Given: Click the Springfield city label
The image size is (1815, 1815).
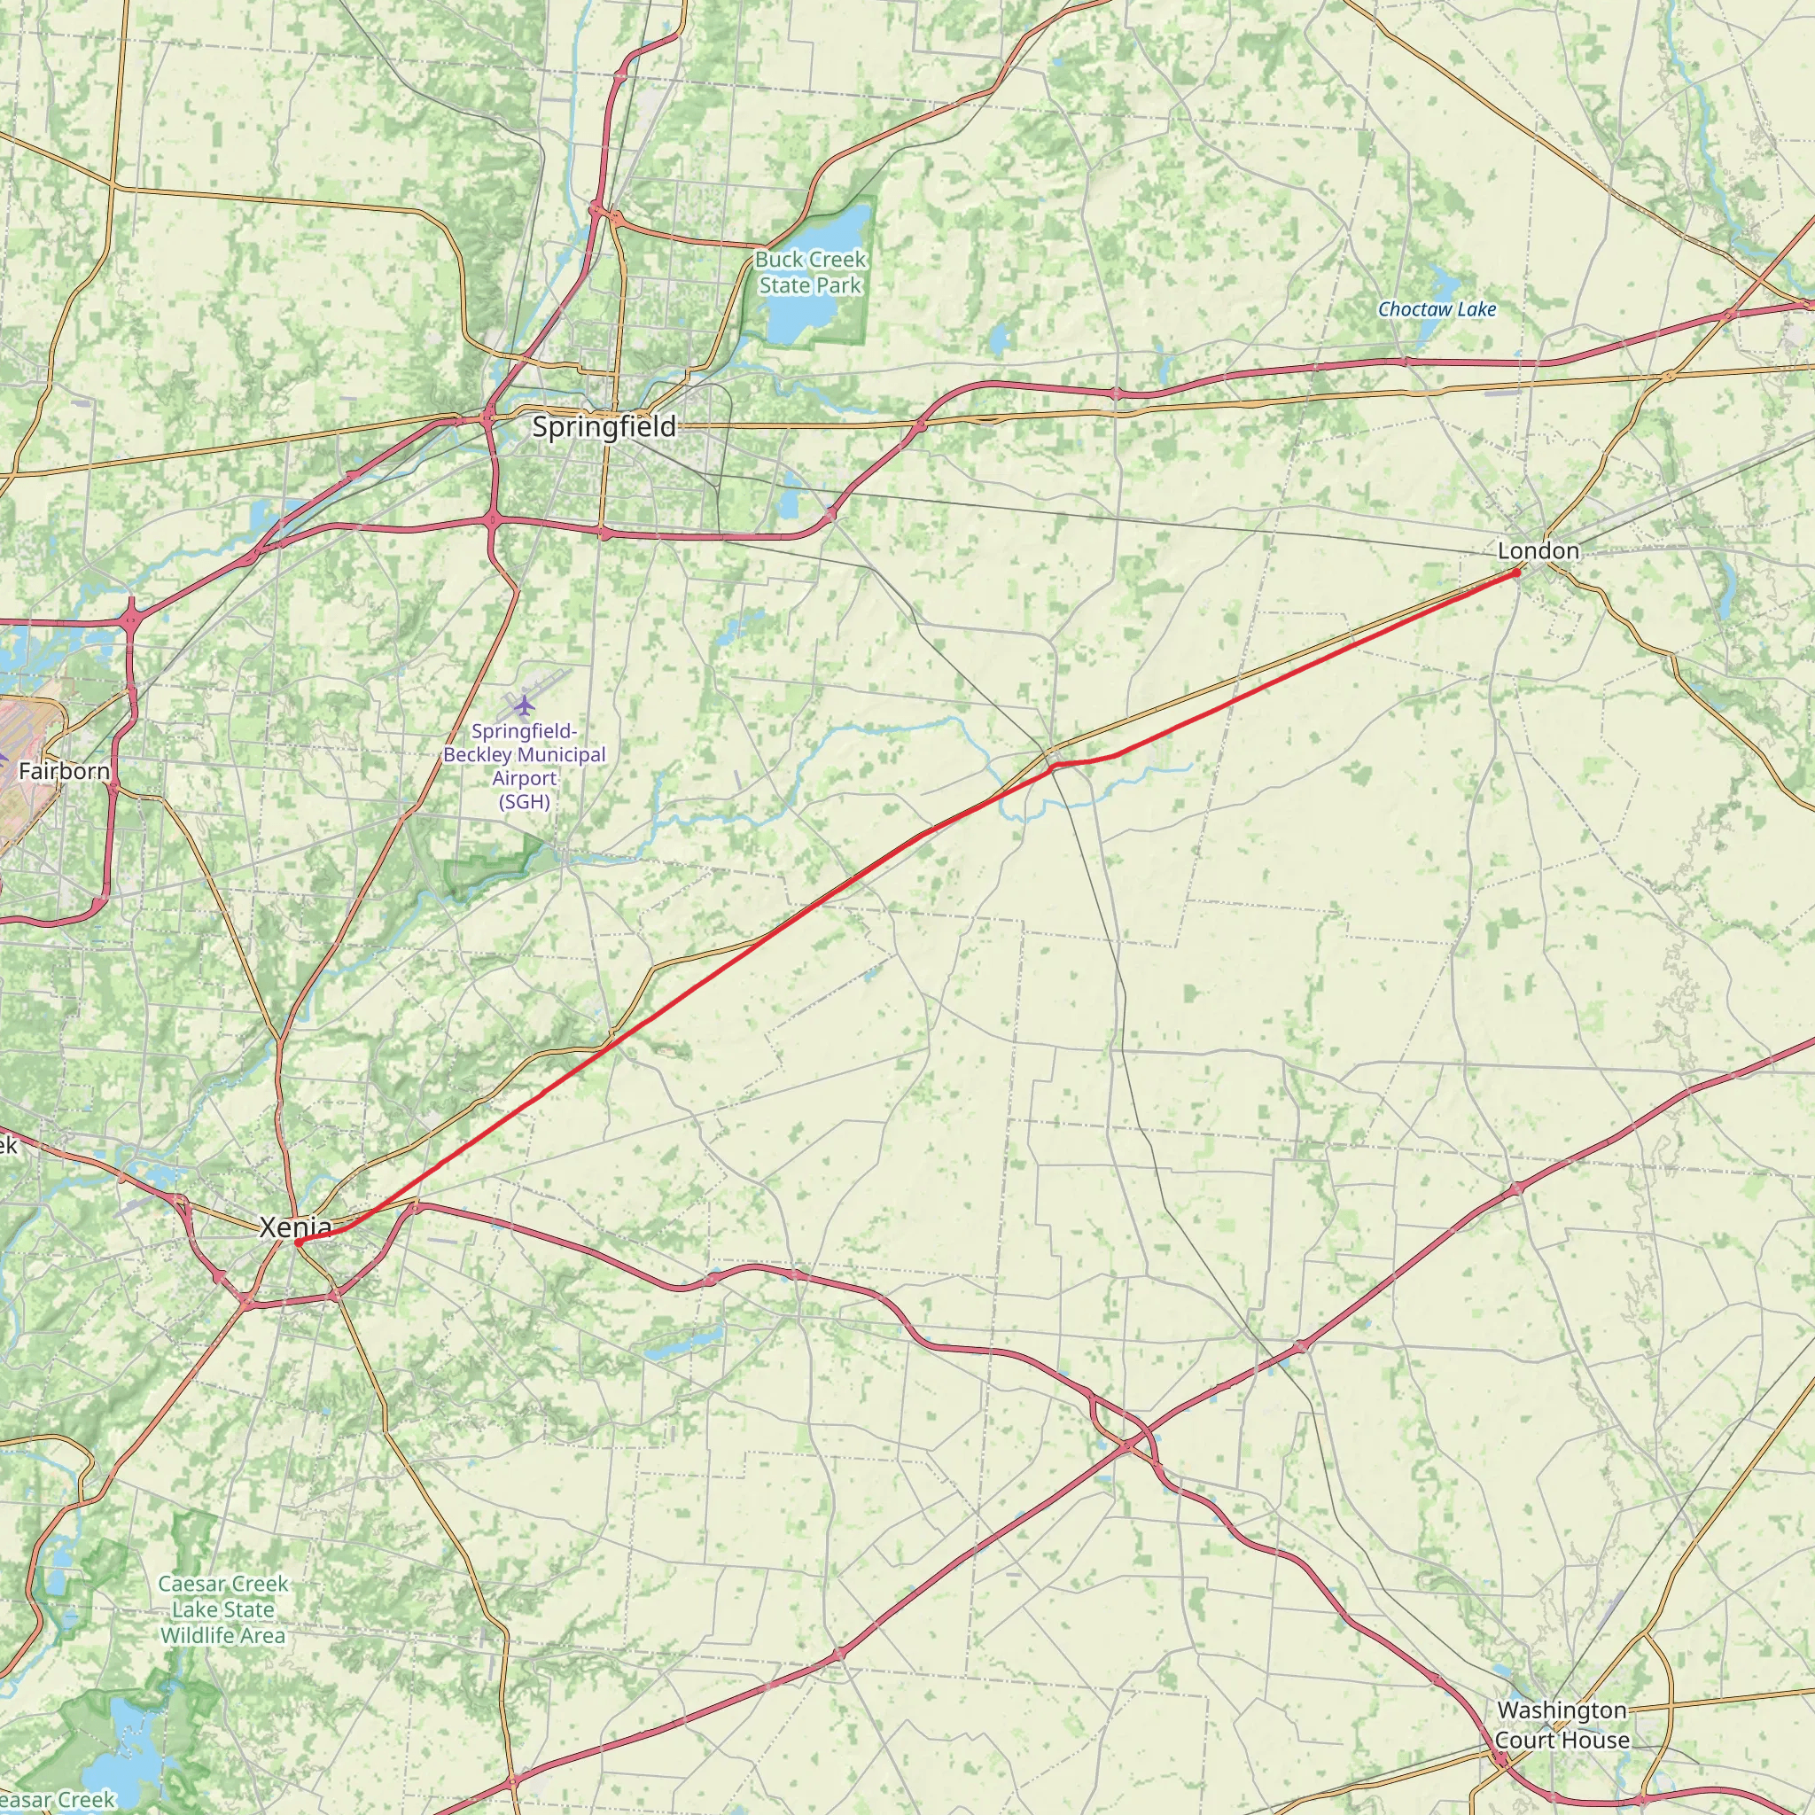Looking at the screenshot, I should pyautogui.click(x=604, y=427).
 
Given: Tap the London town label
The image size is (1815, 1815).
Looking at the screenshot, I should pyautogui.click(x=1538, y=550).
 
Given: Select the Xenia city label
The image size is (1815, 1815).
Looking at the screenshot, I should pyautogui.click(x=295, y=1227).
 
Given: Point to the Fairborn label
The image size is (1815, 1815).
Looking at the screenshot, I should pyautogui.click(x=64, y=771).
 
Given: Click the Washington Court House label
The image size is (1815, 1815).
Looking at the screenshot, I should pyautogui.click(x=1562, y=1725).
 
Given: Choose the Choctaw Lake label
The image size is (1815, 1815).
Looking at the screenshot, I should pyautogui.click(x=1437, y=309).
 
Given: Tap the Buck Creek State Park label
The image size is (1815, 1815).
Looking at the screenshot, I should pyautogui.click(x=811, y=272).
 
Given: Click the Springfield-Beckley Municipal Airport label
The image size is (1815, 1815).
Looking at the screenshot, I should pyautogui.click(x=525, y=766).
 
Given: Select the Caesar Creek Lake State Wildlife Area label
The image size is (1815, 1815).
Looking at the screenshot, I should pyautogui.click(x=222, y=1609).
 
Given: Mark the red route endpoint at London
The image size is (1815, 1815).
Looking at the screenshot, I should pyautogui.click(x=1516, y=572).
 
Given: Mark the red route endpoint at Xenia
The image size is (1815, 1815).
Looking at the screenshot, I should pyautogui.click(x=297, y=1242).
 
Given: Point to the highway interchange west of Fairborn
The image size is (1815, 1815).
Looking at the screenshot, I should pyautogui.click(x=130, y=619).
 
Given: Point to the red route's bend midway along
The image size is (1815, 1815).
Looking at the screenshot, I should pyautogui.click(x=1054, y=766).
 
